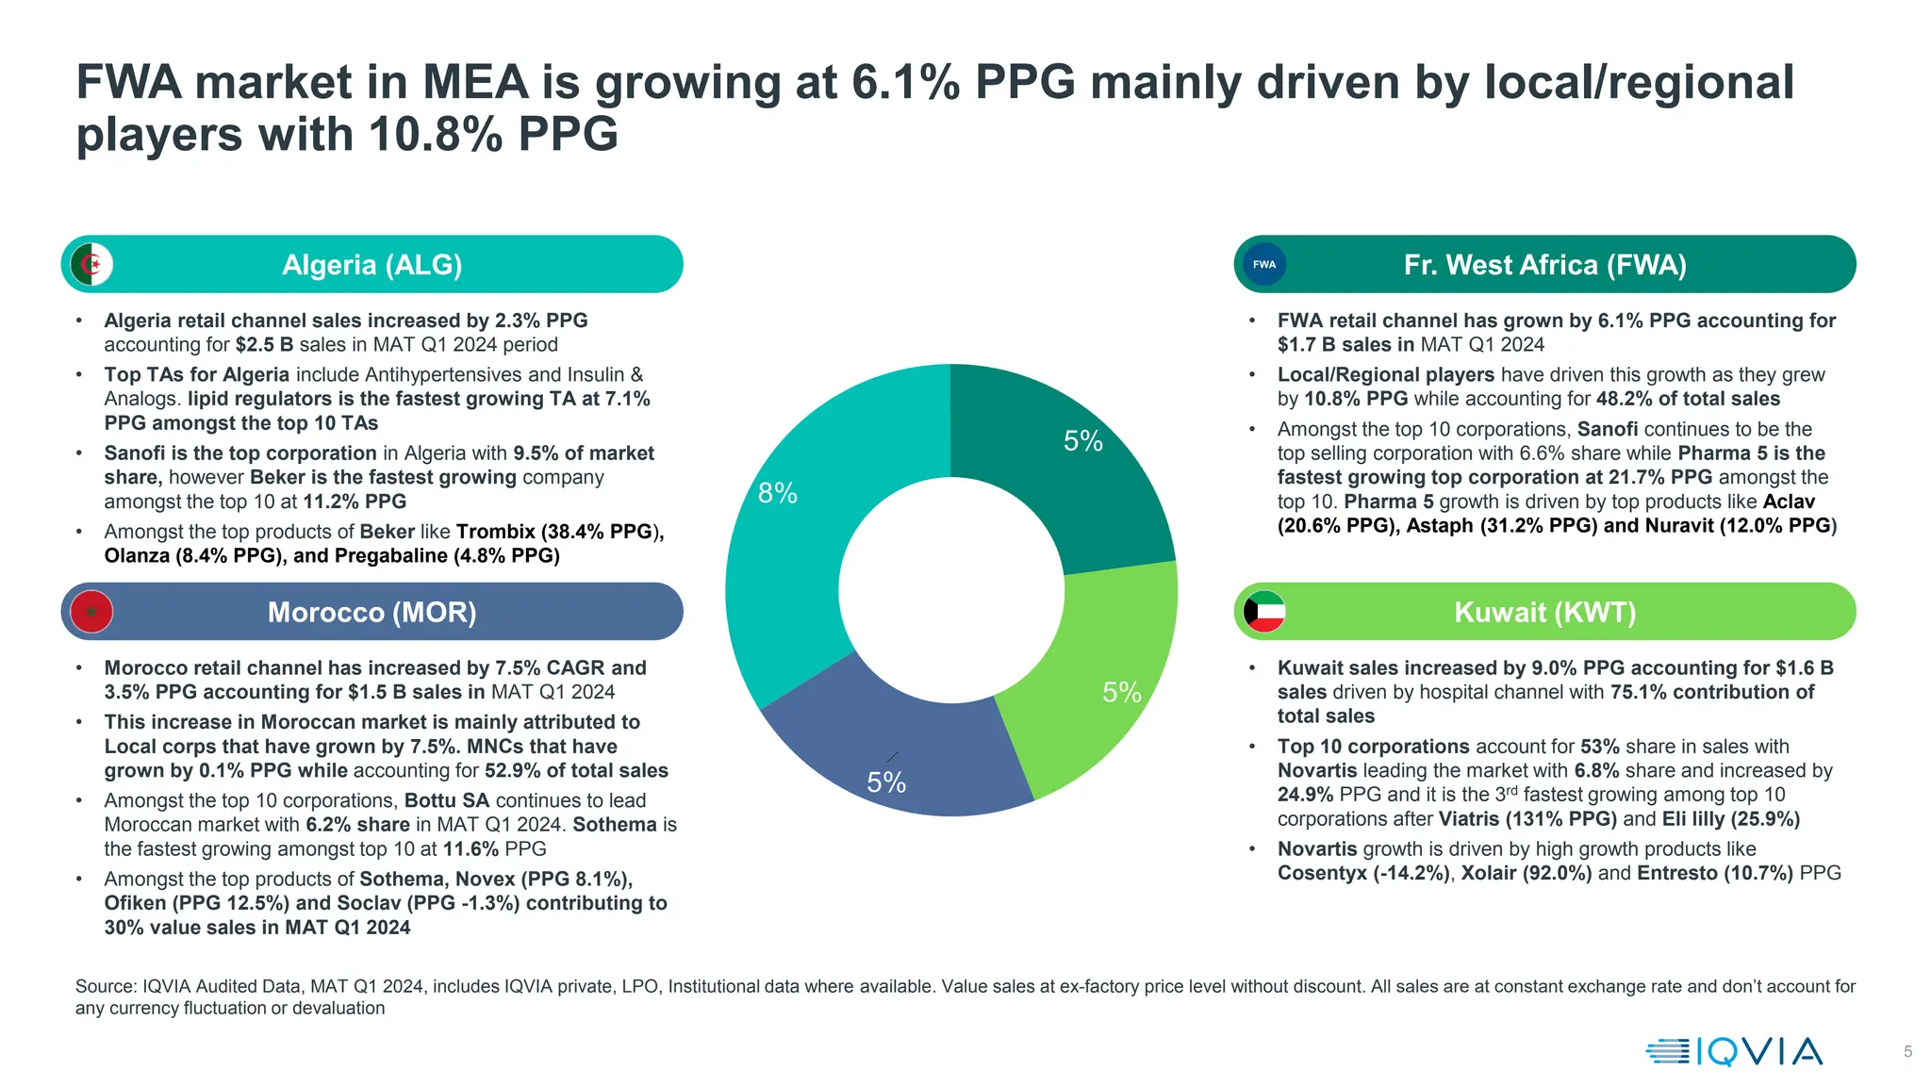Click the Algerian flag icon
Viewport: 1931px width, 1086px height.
(x=91, y=264)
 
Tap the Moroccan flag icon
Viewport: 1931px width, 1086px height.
(x=91, y=612)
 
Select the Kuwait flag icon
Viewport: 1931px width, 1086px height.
(x=1264, y=612)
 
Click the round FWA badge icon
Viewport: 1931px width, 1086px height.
(x=1264, y=264)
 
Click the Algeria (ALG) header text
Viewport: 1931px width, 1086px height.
(x=371, y=265)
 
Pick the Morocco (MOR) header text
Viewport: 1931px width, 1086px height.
(x=371, y=613)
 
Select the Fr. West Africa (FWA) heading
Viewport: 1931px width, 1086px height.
(x=1544, y=265)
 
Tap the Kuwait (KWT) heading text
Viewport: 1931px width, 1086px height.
(x=1544, y=613)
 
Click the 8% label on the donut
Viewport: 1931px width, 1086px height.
(x=778, y=493)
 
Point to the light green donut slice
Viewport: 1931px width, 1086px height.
(x=1103, y=698)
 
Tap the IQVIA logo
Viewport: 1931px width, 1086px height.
(x=1735, y=1051)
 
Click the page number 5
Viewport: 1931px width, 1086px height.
(x=1907, y=1052)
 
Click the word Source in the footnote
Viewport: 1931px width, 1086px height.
(x=106, y=987)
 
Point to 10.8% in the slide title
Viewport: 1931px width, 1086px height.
(x=435, y=134)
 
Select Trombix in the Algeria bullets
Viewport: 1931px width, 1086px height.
(x=496, y=532)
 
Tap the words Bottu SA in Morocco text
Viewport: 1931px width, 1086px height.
(x=447, y=800)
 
